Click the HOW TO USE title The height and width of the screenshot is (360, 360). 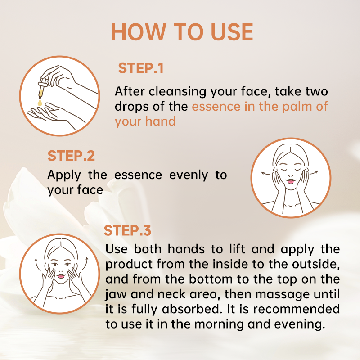pos(182,32)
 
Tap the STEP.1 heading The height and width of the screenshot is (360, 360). pos(141,68)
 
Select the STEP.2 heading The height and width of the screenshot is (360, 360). pos(71,156)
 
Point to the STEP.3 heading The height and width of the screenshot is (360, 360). pos(127,230)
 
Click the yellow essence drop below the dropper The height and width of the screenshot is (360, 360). pos(40,103)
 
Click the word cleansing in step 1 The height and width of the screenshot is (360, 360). pos(177,92)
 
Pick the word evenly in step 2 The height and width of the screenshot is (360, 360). pos(189,175)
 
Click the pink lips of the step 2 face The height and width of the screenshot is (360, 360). pos(291,181)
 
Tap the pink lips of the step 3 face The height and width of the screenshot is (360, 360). pos(61,276)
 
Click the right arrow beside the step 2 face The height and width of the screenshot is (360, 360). pos(314,172)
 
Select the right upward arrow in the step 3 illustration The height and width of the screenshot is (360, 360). pos(85,264)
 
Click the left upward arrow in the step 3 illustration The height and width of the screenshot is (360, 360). pos(37,265)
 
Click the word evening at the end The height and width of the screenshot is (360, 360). pos(300,324)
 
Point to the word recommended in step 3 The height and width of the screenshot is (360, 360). pos(297,309)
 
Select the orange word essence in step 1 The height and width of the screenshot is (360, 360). pos(216,107)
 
